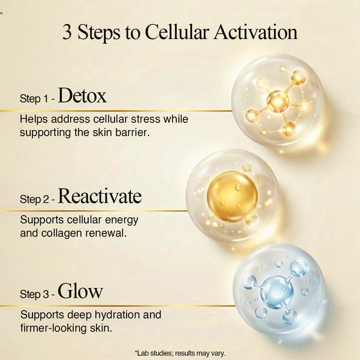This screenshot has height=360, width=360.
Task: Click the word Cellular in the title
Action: click(177, 32)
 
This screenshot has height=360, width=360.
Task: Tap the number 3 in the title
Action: click(67, 32)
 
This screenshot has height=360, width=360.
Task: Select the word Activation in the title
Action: click(256, 32)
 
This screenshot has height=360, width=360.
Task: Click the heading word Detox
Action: click(82, 95)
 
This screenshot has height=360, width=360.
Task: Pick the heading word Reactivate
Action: click(100, 196)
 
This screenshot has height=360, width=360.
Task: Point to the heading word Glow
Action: click(80, 291)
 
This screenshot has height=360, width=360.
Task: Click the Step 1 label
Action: click(34, 99)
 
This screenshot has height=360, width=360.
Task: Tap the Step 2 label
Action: click(34, 199)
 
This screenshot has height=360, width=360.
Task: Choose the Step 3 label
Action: click(34, 294)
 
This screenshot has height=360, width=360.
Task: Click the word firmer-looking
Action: click(53, 328)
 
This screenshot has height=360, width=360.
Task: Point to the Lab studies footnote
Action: click(180, 353)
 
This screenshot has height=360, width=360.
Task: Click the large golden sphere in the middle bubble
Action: click(232, 197)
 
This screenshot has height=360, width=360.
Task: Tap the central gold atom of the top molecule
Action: click(278, 101)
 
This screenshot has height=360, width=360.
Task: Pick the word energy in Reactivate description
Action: click(121, 220)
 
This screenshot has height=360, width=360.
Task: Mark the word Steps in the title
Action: click(99, 32)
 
